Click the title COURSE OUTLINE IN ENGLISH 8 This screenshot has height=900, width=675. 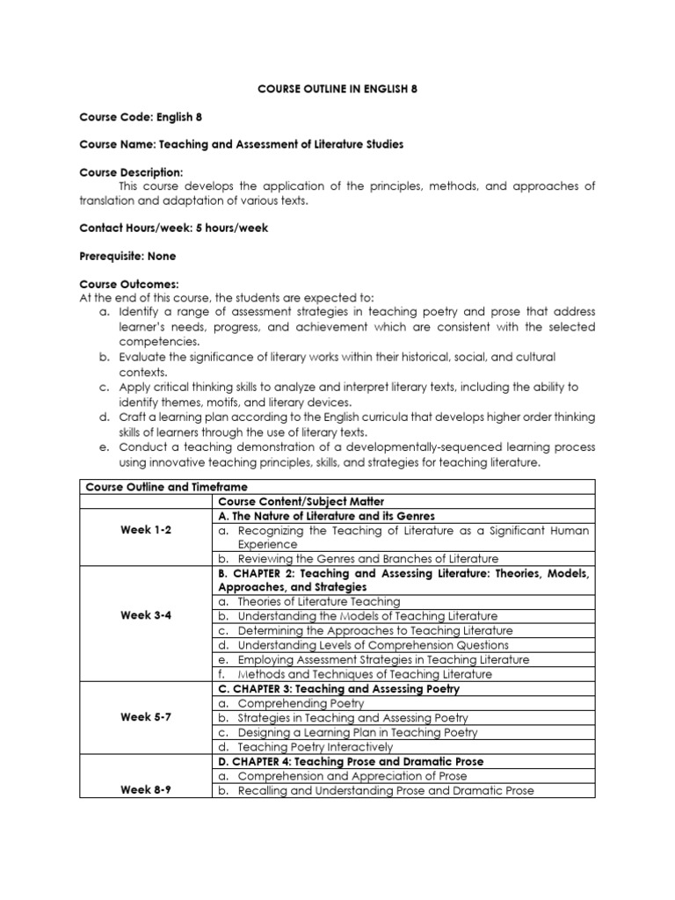click(x=337, y=89)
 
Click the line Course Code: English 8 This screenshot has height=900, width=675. click(x=135, y=116)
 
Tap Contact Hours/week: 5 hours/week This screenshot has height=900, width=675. click(x=174, y=228)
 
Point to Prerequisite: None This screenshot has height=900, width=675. click(x=127, y=256)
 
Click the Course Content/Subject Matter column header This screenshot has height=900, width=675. click(x=302, y=501)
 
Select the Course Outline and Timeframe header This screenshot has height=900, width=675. click(x=165, y=487)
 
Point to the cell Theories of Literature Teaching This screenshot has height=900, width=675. click(x=318, y=601)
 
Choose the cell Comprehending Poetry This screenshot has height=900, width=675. click(x=301, y=704)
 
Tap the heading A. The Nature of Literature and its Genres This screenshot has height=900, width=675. click(x=326, y=516)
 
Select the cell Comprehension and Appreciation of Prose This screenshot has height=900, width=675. click(x=352, y=776)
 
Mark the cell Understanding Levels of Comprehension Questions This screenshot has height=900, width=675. click(x=374, y=645)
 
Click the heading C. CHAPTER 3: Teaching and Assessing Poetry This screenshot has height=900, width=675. click(x=337, y=689)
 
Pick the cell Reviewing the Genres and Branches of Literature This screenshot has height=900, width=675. click(x=367, y=558)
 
